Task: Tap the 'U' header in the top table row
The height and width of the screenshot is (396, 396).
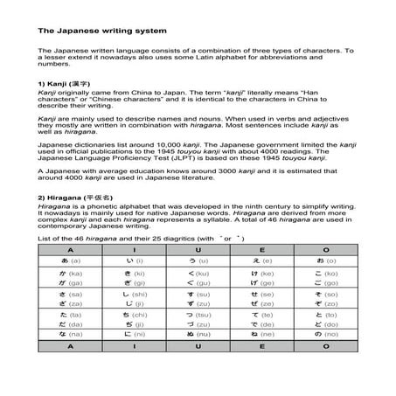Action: pyautogui.click(x=198, y=249)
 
